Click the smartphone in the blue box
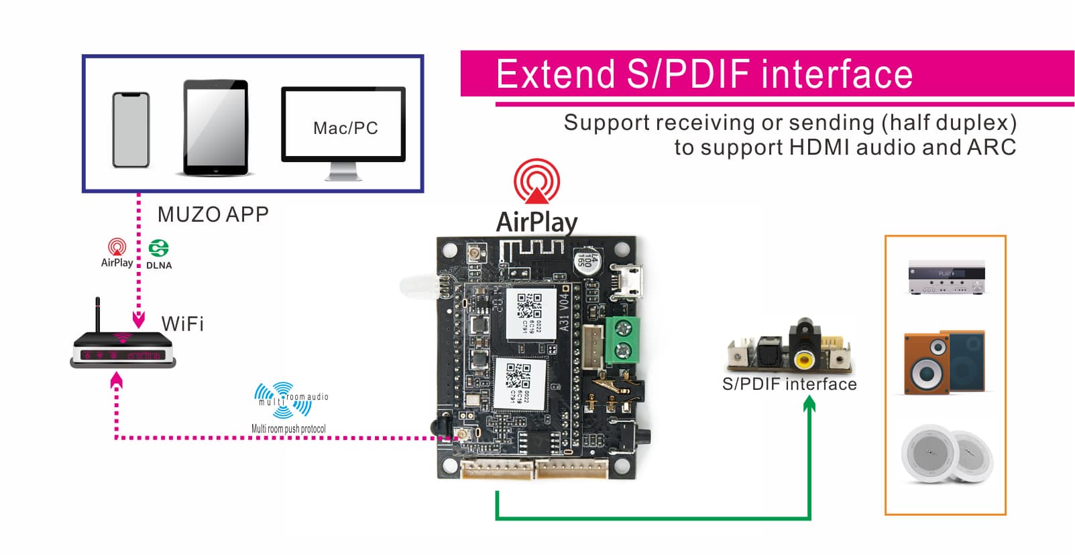pos(131,130)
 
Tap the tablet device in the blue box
pos(216,128)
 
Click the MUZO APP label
pos(213,214)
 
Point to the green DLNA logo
pos(159,249)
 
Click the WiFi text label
pos(182,324)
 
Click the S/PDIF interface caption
pos(789,384)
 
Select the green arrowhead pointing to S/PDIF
pos(809,403)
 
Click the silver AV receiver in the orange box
pos(946,278)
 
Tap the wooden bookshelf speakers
pos(944,362)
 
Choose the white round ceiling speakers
pos(946,453)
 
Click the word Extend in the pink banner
pos(556,74)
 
